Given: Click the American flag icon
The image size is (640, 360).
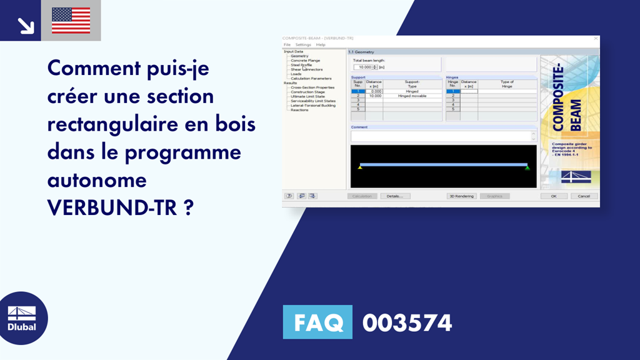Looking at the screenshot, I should (x=71, y=21).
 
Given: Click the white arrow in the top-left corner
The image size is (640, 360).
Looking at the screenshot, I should (x=25, y=25).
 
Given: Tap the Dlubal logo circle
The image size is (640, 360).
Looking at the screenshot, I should (x=21, y=318).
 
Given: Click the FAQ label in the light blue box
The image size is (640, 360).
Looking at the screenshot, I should (x=317, y=322).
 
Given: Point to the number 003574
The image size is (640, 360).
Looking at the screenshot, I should (x=407, y=323).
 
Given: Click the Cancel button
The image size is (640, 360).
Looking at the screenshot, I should (x=584, y=196).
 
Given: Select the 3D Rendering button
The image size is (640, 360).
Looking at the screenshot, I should (x=462, y=196).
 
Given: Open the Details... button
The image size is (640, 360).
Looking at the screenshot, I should (x=394, y=196).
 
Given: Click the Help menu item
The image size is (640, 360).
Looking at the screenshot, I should (x=321, y=45).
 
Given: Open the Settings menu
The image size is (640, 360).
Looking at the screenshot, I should (x=303, y=45).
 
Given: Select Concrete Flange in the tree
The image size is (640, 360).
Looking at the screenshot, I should (x=305, y=61).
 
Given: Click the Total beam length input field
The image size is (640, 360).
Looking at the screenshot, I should (x=363, y=67).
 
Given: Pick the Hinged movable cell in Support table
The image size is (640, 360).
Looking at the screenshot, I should (x=411, y=96).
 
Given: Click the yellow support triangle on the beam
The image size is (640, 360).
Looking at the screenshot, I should (x=360, y=167).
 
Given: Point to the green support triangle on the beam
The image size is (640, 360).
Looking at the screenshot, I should (x=527, y=167).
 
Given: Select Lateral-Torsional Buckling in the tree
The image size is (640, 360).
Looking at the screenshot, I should (x=312, y=106).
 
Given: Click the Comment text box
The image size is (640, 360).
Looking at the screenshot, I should (x=441, y=136).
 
